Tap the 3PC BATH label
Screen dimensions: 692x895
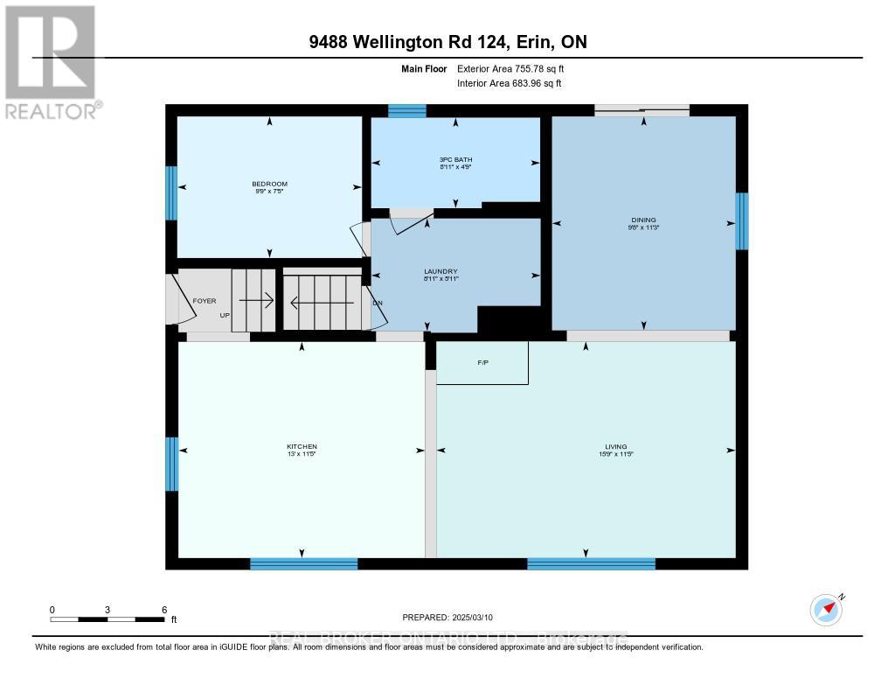pyautogui.click(x=455, y=159)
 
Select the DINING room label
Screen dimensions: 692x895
pyautogui.click(x=643, y=220)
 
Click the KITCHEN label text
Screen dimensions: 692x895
pyautogui.click(x=302, y=447)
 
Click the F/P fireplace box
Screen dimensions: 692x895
pyautogui.click(x=482, y=361)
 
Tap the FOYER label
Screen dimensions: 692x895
pyautogui.click(x=204, y=301)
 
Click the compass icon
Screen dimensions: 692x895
pyautogui.click(x=826, y=609)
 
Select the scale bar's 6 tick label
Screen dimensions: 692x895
pyautogui.click(x=163, y=609)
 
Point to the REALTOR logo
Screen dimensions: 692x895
pyautogui.click(x=51, y=61)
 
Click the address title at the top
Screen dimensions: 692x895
pyautogui.click(x=447, y=43)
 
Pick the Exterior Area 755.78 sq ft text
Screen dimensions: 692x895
pyautogui.click(x=517, y=69)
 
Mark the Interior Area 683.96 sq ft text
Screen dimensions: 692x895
pyautogui.click(x=510, y=83)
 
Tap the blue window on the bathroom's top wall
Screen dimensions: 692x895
pyautogui.click(x=406, y=110)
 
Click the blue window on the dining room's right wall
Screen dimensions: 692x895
pyautogui.click(x=742, y=220)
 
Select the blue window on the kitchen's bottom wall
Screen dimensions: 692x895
pyautogui.click(x=303, y=564)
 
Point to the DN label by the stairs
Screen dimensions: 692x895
pyautogui.click(x=378, y=304)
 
